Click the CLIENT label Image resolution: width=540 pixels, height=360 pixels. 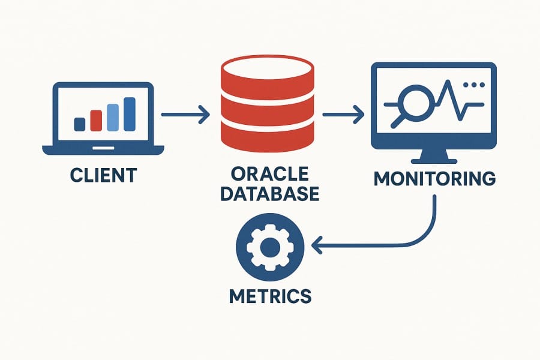click(x=103, y=175)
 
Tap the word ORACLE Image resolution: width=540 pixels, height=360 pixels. click(x=269, y=174)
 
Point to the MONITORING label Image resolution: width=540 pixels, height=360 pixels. click(x=435, y=179)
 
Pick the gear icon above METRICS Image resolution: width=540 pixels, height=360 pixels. click(x=270, y=245)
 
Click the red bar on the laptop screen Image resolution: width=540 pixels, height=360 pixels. click(x=96, y=120)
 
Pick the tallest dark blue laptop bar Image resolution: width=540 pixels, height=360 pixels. click(x=129, y=114)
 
